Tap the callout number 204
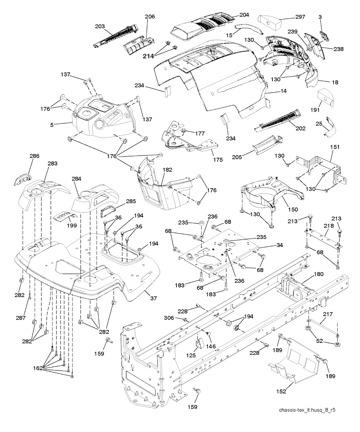pos(244,15)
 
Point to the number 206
pos(150,17)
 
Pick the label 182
pos(167,170)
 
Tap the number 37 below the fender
pos(153,299)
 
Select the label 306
pos(169,318)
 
